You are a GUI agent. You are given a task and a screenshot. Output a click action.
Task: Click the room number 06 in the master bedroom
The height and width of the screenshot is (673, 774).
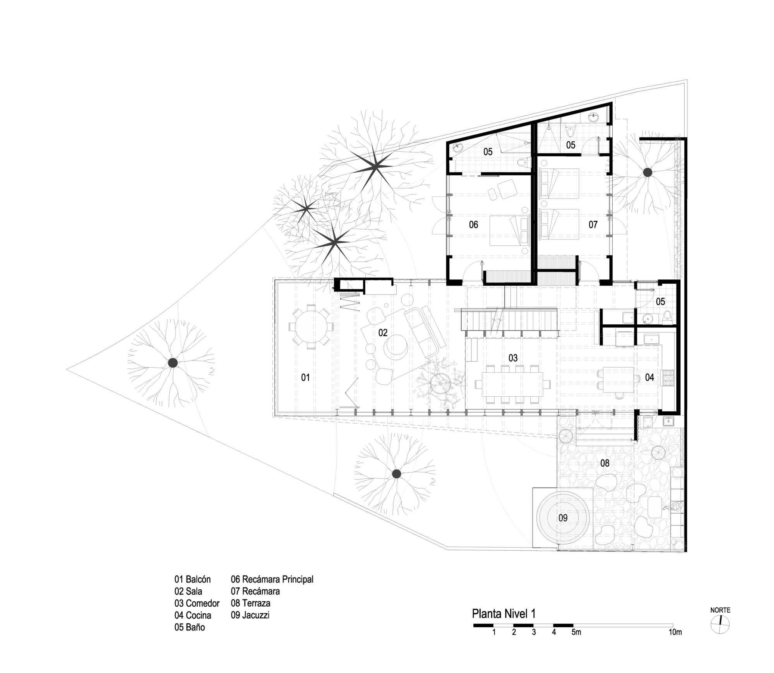(x=473, y=224)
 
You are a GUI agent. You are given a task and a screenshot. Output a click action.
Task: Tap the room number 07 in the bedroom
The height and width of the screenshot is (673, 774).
(x=593, y=224)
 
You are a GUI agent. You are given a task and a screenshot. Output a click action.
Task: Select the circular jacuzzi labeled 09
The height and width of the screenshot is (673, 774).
(x=563, y=518)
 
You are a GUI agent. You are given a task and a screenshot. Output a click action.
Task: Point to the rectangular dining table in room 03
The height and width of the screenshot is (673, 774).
(x=512, y=384)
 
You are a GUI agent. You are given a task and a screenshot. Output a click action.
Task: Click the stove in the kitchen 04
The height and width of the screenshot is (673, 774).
(x=669, y=378)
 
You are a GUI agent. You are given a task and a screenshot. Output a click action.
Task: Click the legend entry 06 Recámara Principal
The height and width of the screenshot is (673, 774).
(x=272, y=579)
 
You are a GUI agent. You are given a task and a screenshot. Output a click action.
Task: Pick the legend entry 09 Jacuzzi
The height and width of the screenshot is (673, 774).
(x=250, y=615)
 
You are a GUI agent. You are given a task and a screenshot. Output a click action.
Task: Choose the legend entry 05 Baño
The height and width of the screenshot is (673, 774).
(x=190, y=627)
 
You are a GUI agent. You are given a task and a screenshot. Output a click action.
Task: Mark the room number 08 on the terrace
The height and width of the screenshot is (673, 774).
(x=604, y=463)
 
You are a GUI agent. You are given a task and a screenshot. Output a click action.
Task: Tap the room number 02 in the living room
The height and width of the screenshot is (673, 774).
(x=383, y=333)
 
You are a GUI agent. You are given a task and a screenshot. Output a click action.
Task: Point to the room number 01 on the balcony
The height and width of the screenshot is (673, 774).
(x=305, y=377)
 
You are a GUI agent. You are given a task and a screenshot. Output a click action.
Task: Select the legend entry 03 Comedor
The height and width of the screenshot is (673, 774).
(x=197, y=603)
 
